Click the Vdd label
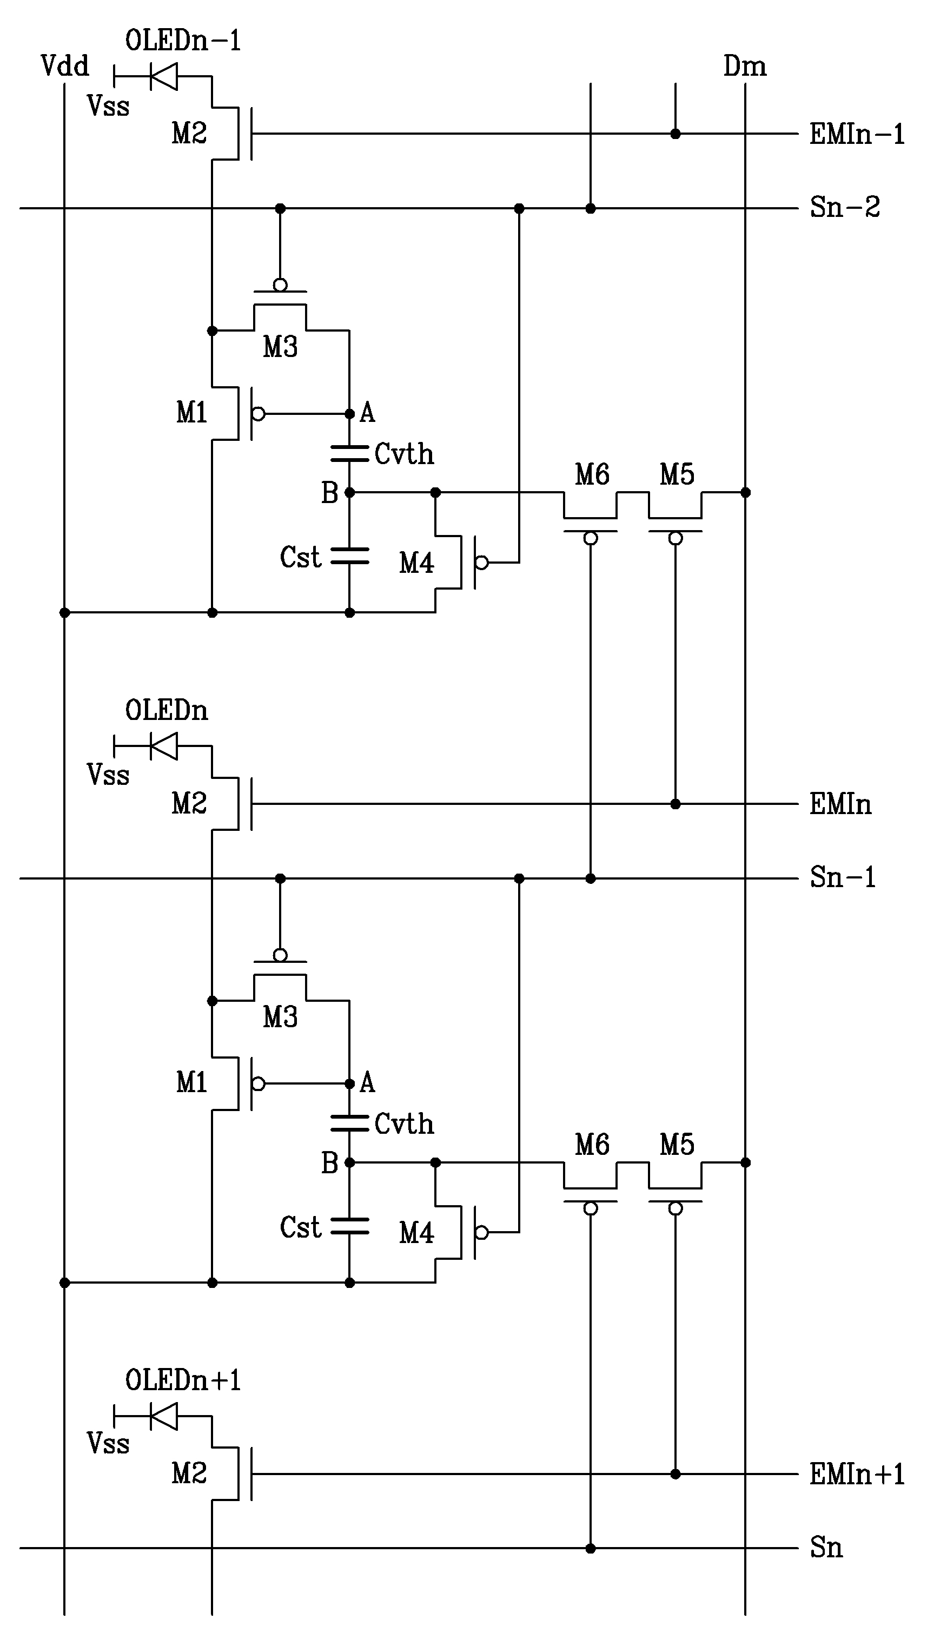pos(64,65)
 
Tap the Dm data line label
pos(744,66)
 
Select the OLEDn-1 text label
pos(183,41)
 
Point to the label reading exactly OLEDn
pos(166,710)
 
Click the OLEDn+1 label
pos(183,1380)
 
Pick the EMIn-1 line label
pos(856,134)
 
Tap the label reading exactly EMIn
pos(840,804)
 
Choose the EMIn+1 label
pos(856,1474)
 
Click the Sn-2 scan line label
pos(844,208)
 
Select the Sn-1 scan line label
pos(842,877)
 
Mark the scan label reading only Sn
pos(826,1547)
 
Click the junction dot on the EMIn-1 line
pos(676,134)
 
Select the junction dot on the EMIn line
pos(676,804)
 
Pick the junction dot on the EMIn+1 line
pos(676,1474)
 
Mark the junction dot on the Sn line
pos(591,1549)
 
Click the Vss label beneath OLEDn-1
pos(108,105)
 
